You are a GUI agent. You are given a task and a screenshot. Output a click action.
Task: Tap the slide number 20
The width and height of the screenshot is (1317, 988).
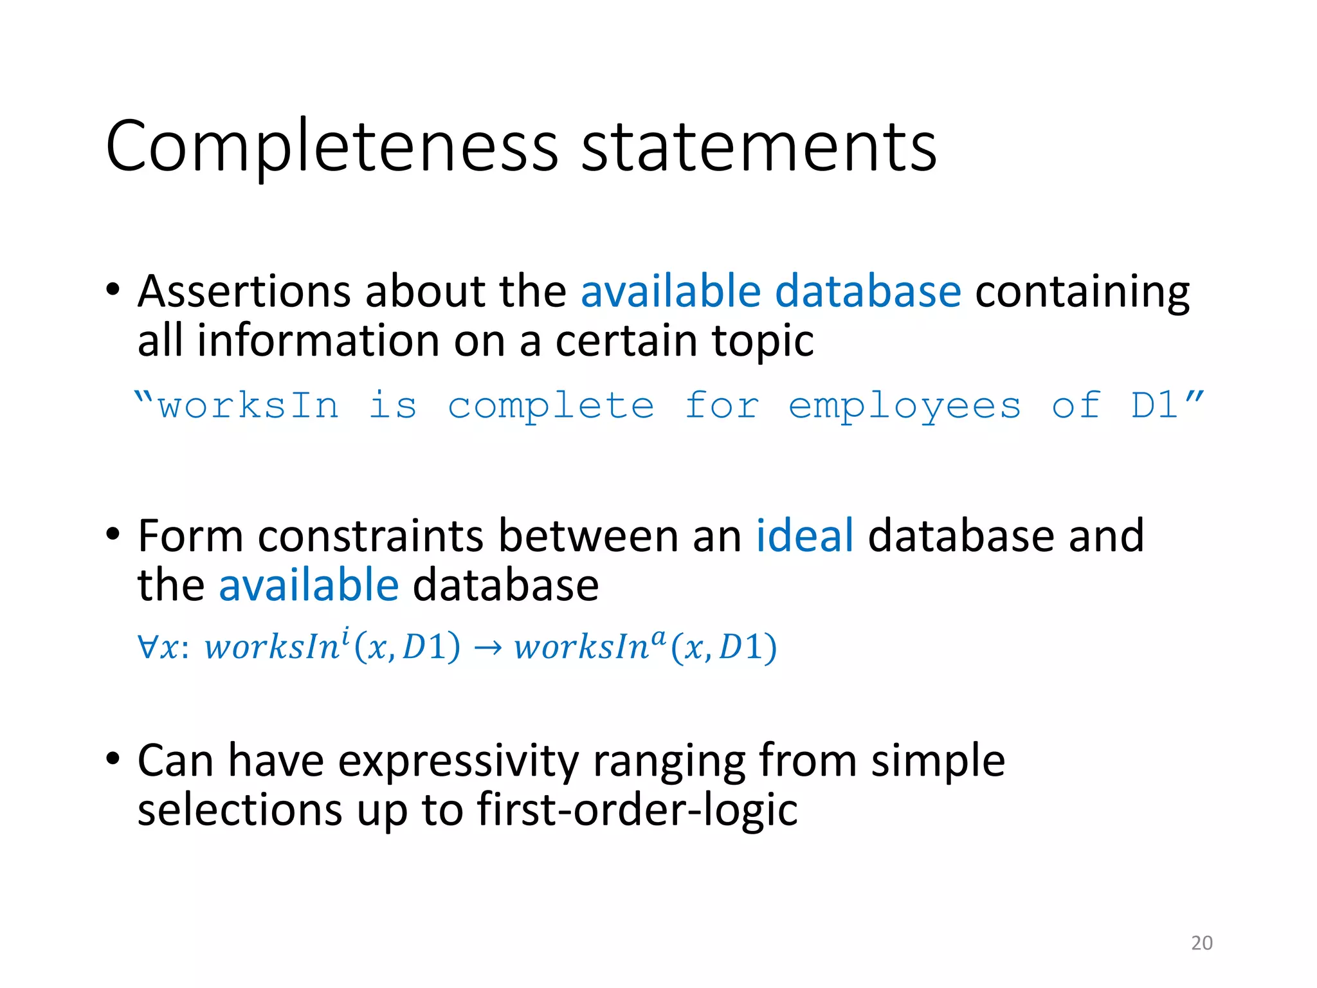pos(1201,943)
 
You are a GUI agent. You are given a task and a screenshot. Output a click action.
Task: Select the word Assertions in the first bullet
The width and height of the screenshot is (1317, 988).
pos(244,291)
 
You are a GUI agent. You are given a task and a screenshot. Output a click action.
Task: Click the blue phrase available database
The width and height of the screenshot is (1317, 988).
pos(770,291)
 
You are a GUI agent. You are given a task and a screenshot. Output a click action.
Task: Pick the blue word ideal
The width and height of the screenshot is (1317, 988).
pos(804,535)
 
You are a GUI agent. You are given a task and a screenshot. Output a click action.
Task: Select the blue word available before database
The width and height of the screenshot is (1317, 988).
pos(309,585)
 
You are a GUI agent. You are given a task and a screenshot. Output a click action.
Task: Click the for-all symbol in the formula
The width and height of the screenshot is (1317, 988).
pos(147,647)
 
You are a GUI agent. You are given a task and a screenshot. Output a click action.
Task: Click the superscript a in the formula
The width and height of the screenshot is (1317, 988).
pos(658,637)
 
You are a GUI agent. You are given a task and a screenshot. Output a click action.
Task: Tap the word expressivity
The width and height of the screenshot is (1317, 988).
pos(459,761)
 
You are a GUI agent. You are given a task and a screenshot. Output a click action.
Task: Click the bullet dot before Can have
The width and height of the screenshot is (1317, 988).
pos(113,759)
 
